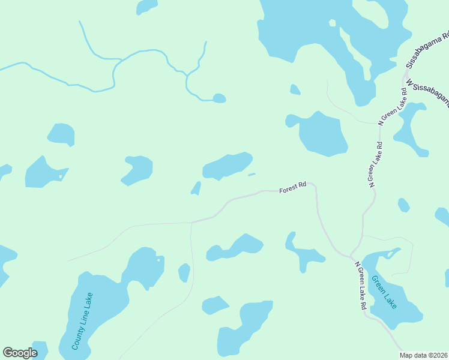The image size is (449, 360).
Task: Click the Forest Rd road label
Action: point(293,188)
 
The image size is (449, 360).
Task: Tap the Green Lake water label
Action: point(384,292)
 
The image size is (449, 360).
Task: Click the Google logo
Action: point(20,353)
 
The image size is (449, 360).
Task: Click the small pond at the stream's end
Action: point(219,98)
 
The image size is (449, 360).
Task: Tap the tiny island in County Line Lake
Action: point(159,260)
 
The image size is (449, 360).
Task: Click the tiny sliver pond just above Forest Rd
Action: point(252,175)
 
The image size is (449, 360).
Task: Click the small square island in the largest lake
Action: point(332,23)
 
